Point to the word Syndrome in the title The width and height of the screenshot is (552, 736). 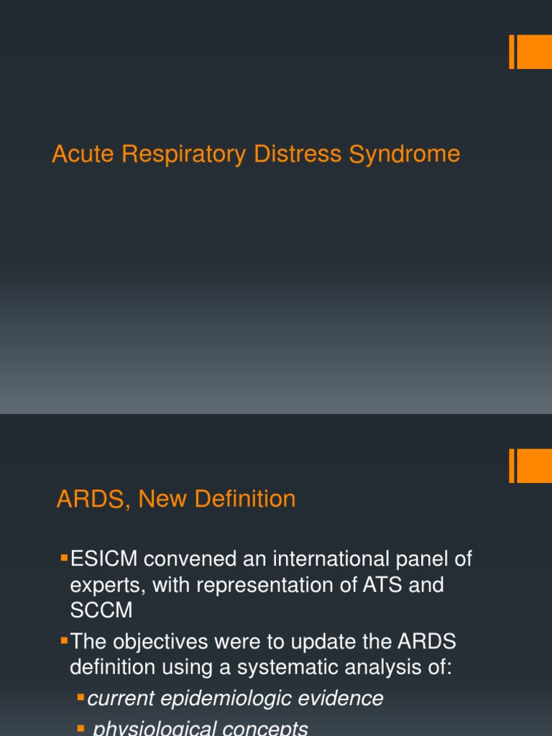pos(405,155)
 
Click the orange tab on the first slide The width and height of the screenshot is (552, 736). pos(533,52)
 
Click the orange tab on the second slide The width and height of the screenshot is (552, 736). pos(533,466)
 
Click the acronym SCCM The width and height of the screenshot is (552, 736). pos(101,610)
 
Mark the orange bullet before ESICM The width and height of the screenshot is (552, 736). pos(64,556)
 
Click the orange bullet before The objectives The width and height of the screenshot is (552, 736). pos(64,639)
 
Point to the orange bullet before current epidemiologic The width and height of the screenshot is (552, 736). pos(81,697)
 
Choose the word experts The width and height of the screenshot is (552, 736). pos(108,585)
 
